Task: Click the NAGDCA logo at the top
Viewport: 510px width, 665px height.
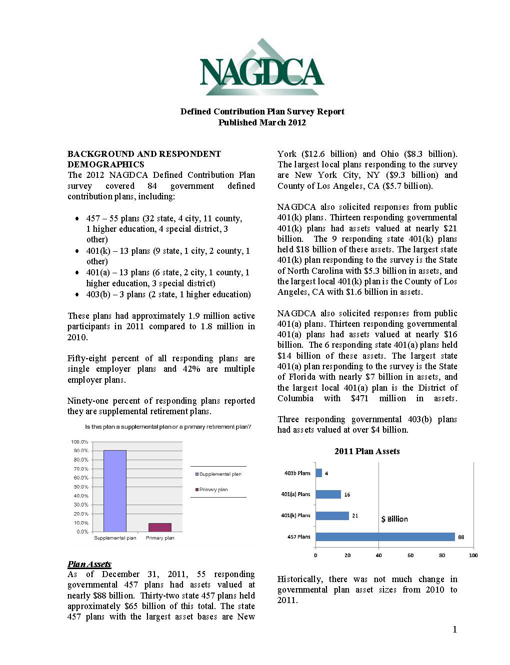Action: [261, 68]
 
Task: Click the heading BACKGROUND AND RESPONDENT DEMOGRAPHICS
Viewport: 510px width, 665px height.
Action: [144, 159]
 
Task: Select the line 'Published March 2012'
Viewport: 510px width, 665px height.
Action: [262, 122]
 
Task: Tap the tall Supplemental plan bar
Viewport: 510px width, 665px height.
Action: [115, 491]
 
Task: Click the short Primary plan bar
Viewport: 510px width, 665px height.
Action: [159, 527]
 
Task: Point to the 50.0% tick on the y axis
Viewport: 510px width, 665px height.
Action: [79, 487]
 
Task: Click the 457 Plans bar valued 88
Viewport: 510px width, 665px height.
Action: [385, 537]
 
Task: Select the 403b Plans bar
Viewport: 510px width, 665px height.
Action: [318, 473]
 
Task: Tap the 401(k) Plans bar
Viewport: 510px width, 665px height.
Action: [332, 516]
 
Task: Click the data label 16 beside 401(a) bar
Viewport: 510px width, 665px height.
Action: [347, 495]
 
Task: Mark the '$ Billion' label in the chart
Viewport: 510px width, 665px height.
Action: [394, 519]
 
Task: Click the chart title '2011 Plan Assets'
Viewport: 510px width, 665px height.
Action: [367, 451]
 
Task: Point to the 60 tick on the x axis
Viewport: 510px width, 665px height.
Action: [410, 555]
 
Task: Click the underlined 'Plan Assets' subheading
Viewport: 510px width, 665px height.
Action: [89, 564]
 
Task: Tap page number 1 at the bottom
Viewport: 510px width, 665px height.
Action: [454, 630]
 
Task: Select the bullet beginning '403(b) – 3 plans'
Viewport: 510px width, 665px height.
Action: [168, 294]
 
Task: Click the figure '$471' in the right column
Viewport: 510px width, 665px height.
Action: [359, 398]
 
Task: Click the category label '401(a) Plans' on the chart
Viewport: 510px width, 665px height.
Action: [295, 494]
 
